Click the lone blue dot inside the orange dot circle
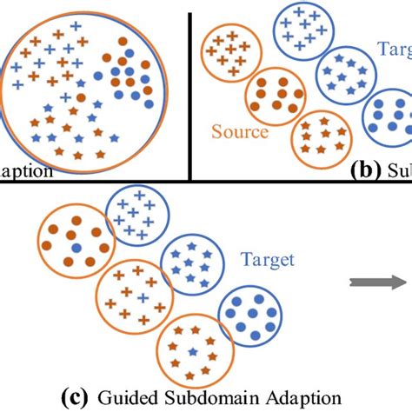click(x=76, y=249)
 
